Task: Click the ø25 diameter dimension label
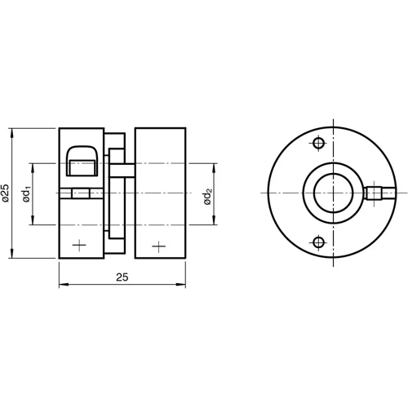7,193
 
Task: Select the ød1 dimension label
26,193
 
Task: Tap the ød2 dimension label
209,196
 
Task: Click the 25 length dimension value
122,277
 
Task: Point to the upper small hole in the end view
317,145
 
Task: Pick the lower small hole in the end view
317,241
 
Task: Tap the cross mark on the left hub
79,245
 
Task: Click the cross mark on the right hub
158,245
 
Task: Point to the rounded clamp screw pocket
82,162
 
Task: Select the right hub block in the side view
160,193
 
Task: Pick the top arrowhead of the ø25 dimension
14,131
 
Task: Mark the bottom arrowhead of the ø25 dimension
14,255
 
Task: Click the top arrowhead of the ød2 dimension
216,168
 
